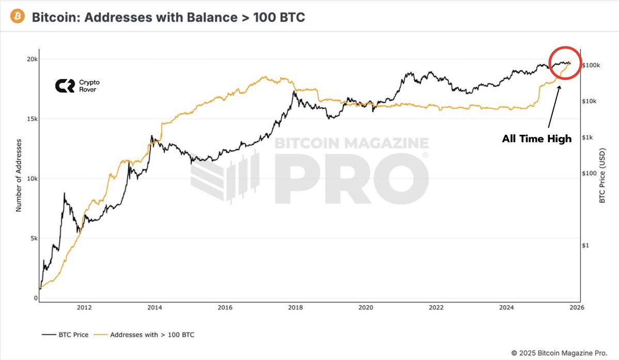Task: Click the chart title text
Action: point(168,17)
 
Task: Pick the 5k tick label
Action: point(34,239)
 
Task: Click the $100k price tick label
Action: point(591,66)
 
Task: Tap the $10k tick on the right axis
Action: point(590,101)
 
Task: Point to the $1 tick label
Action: point(586,245)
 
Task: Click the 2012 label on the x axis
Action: point(84,308)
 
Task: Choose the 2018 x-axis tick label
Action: point(295,308)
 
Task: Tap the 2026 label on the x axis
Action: point(577,308)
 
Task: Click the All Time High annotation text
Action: point(537,138)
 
